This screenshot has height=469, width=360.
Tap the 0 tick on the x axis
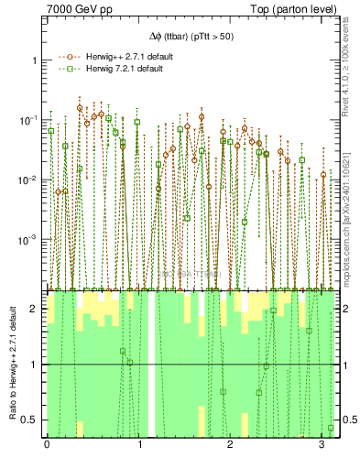pos(47,445)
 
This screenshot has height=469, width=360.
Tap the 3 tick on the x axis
pos(322,445)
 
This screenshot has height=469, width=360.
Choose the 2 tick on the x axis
pos(230,445)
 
